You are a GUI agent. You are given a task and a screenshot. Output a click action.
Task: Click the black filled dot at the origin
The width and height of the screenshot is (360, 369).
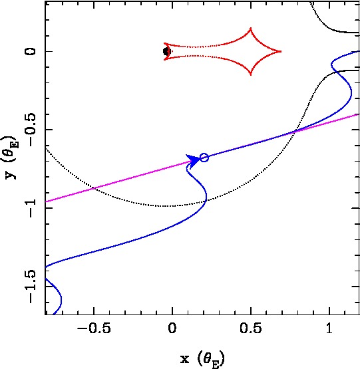[x=166, y=51]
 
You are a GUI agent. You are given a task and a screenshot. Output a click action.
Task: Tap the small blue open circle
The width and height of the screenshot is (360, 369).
[x=204, y=158]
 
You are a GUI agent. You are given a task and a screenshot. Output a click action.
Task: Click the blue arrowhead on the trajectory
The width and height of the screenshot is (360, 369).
[x=193, y=161]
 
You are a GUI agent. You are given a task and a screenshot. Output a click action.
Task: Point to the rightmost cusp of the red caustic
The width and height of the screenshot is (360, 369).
[x=281, y=51]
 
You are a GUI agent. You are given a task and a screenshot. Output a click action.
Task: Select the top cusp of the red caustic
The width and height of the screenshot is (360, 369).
[x=251, y=29]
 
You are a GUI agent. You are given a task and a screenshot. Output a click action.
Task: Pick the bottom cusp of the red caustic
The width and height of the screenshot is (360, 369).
[x=251, y=74]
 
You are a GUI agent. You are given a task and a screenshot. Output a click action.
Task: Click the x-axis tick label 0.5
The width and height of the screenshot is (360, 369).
[x=251, y=328]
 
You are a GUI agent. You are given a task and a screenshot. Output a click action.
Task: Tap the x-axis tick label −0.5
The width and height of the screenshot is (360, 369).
[x=94, y=328]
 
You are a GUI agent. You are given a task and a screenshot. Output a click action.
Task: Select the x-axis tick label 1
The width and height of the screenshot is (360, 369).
[x=329, y=328]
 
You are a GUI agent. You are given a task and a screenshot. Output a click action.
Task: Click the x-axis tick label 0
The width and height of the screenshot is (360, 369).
[x=172, y=328]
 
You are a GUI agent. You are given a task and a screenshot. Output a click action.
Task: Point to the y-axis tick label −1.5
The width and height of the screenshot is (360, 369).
[x=31, y=287]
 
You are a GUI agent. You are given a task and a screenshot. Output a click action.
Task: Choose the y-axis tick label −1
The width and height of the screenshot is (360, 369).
[x=31, y=208]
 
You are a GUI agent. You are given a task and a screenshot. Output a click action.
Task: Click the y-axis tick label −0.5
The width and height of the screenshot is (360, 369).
[x=31, y=130]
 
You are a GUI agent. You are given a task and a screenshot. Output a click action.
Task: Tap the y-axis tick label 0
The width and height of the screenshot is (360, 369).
[x=31, y=51]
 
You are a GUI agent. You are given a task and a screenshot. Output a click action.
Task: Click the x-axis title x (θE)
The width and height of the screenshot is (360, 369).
[x=202, y=358]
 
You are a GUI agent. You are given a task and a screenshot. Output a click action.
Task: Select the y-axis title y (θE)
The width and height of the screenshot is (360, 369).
[x=11, y=157]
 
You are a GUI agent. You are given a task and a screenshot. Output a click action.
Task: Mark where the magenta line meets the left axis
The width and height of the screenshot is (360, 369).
[x=45, y=201]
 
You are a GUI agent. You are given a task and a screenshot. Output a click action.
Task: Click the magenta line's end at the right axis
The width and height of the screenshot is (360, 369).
[x=359, y=114]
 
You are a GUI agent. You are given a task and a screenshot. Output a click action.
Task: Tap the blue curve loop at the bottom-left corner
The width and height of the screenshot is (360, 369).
[x=61, y=299]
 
